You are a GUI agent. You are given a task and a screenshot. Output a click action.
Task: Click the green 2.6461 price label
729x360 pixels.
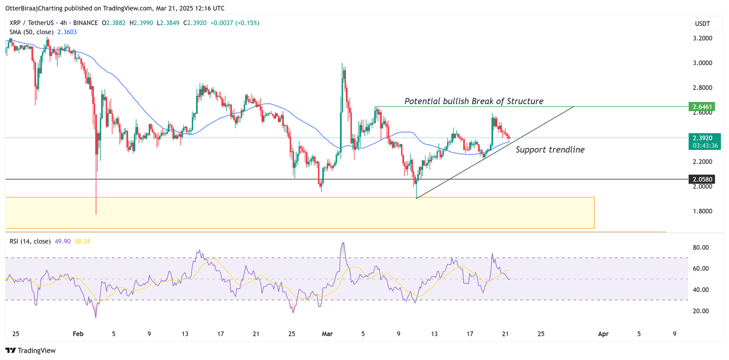[702, 107]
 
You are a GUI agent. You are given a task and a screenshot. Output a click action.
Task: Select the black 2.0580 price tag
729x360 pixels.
[702, 180]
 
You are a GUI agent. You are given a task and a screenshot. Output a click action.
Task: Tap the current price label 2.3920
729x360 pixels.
[702, 138]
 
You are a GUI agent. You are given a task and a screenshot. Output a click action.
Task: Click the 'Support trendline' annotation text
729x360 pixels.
[550, 150]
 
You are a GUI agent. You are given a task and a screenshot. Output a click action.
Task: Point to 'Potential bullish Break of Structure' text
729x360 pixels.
[474, 101]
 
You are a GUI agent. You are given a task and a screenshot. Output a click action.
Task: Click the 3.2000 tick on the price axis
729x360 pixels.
[702, 38]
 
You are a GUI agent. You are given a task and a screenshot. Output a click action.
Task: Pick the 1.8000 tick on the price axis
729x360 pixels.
[702, 211]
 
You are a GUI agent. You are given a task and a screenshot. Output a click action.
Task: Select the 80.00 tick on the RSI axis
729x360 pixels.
[701, 247]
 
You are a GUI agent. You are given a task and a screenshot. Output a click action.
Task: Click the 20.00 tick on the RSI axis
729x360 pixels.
[701, 311]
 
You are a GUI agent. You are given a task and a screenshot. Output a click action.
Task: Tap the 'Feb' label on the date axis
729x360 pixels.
[78, 334]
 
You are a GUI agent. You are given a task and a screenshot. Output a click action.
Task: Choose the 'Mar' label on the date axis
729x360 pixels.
[327, 334]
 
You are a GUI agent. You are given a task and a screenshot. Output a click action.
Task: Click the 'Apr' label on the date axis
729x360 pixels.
[603, 334]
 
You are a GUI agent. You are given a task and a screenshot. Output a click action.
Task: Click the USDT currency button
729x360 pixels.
[702, 24]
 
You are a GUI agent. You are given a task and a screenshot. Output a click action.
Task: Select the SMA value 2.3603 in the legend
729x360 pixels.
[67, 32]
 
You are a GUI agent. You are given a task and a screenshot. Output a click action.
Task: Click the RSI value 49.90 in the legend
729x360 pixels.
[62, 241]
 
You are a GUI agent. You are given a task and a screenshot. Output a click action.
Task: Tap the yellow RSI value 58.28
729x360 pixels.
[82, 241]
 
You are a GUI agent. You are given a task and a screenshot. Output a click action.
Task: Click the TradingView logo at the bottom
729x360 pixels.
[31, 350]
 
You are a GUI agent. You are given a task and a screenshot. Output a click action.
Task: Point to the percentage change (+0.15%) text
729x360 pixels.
[247, 23]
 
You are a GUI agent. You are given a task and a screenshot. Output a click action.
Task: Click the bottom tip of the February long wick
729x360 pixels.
[96, 214]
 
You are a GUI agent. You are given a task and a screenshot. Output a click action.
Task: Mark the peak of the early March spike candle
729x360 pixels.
[342, 64]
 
